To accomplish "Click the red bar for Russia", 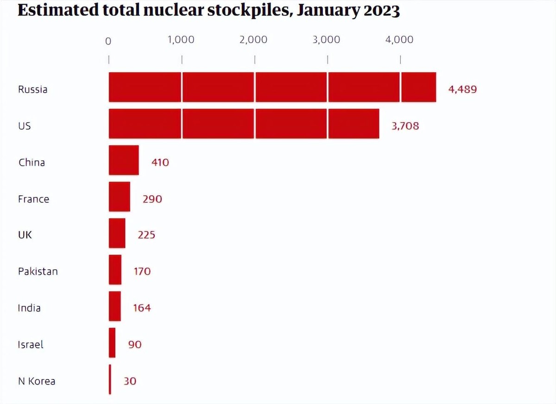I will [x=272, y=87].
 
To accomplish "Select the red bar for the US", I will [x=244, y=124].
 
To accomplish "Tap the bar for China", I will [x=124, y=160].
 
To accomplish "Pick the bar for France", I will [x=120, y=197].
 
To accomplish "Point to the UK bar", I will [x=117, y=233].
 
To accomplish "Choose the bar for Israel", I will [x=112, y=343].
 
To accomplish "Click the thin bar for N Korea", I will [x=110, y=379].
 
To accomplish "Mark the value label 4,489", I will [x=462, y=89].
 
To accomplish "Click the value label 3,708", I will [x=405, y=125].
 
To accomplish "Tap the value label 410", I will [x=160, y=162].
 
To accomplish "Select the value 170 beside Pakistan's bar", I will [x=142, y=271].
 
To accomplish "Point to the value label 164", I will [x=142, y=308].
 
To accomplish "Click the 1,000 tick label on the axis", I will [x=181, y=40].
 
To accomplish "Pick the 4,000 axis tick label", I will [x=399, y=40].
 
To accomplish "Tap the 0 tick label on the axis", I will [x=108, y=41].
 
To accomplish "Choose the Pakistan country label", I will [x=38, y=271].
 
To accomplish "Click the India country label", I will [x=29, y=308].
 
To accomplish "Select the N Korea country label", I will [x=37, y=381].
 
